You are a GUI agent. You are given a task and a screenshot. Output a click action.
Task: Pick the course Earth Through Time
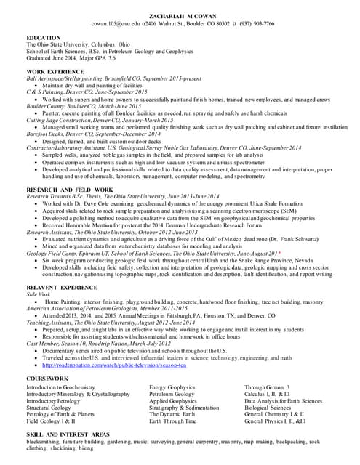(172, 421)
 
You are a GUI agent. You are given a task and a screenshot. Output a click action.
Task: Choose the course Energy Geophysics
(172, 387)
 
